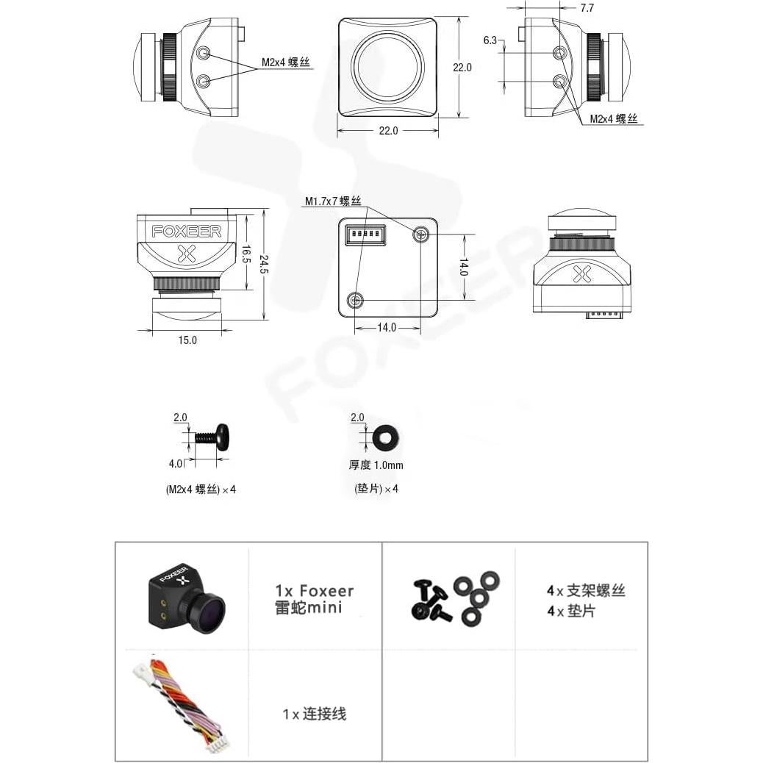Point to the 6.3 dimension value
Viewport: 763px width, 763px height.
point(490,41)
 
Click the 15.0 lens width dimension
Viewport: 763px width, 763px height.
point(187,340)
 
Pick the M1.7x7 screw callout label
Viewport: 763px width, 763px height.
point(333,201)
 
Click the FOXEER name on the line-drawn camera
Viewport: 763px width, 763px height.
point(186,231)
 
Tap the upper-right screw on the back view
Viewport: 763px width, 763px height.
point(421,234)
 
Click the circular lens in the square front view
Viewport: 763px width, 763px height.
point(388,68)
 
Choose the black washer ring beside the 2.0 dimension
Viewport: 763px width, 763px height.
point(386,438)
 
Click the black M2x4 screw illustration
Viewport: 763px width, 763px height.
point(212,437)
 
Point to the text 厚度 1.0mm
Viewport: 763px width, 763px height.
point(376,465)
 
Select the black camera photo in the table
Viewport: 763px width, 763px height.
point(186,598)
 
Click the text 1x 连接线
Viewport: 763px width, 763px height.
point(314,713)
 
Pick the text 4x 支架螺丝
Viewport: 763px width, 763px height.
point(586,590)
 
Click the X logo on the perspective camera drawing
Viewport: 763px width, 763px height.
point(581,274)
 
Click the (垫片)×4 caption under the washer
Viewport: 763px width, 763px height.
point(376,488)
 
